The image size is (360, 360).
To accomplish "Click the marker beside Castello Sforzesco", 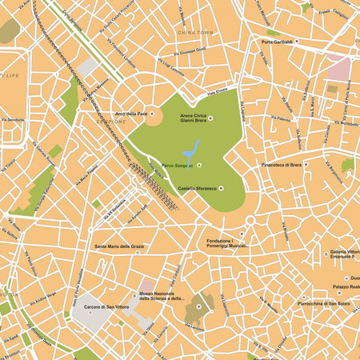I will (x=221, y=189).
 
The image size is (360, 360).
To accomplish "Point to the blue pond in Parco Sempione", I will (x=190, y=150).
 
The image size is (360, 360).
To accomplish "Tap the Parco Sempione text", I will (x=174, y=166).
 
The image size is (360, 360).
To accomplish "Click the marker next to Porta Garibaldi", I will (x=298, y=41).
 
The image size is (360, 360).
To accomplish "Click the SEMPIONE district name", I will (x=112, y=122).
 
